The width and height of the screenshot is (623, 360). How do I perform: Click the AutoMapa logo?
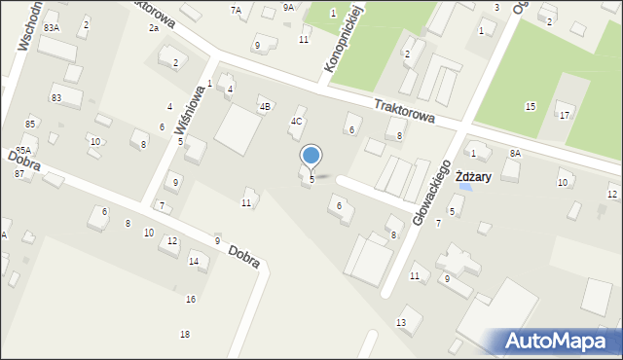[561, 342]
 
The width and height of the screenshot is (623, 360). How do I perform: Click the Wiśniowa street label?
[191, 113]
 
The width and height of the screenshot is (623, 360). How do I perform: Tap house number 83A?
[52, 28]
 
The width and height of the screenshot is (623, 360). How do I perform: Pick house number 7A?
[236, 10]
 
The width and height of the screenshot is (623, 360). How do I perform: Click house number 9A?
[288, 8]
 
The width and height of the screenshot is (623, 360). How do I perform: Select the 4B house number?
[264, 106]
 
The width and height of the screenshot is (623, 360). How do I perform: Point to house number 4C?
[296, 122]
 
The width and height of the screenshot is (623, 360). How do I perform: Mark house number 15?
[530, 106]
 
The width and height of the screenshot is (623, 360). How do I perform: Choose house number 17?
[564, 116]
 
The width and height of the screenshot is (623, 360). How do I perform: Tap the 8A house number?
[515, 154]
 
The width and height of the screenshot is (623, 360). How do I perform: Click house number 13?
[401, 322]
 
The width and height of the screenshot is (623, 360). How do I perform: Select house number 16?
[191, 299]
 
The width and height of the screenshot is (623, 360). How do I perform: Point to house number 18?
[185, 335]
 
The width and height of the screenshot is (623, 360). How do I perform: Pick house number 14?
[194, 262]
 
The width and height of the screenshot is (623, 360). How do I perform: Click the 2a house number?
[154, 28]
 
